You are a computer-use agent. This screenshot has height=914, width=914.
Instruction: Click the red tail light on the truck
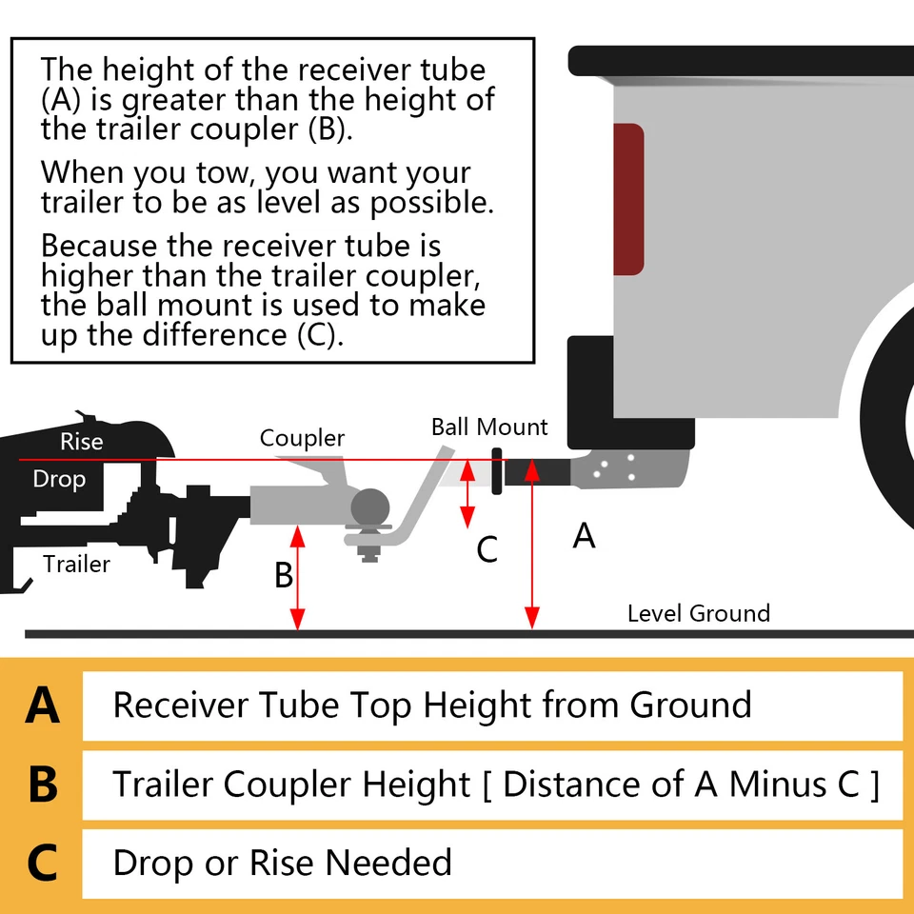pyautogui.click(x=628, y=198)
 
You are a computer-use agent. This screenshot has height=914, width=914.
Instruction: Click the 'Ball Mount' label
pyautogui.click(x=489, y=426)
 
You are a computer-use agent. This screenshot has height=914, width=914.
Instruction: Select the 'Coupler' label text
pyautogui.click(x=302, y=438)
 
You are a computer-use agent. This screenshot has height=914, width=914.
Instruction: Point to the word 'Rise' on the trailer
pyautogui.click(x=81, y=442)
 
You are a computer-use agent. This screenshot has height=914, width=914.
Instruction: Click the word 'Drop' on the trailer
pyautogui.click(x=59, y=479)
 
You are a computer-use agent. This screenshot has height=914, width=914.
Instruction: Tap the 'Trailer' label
pyautogui.click(x=76, y=564)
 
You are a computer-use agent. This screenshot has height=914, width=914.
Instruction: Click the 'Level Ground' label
pyautogui.click(x=698, y=613)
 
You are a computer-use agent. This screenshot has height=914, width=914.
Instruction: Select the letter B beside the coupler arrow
pyautogui.click(x=283, y=576)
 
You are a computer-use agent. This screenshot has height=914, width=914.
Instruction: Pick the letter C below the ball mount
pyautogui.click(x=487, y=549)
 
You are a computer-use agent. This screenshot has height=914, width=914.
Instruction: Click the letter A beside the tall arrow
pyautogui.click(x=584, y=536)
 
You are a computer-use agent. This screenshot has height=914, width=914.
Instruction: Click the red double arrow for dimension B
pyautogui.click(x=299, y=576)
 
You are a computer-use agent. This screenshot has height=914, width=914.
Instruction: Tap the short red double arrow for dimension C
pyautogui.click(x=467, y=493)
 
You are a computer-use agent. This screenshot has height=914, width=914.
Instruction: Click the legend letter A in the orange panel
pyautogui.click(x=43, y=706)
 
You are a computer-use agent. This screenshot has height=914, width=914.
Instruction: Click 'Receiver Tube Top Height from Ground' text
pyautogui.click(x=431, y=705)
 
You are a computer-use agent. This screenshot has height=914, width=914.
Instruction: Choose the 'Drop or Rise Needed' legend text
pyautogui.click(x=282, y=863)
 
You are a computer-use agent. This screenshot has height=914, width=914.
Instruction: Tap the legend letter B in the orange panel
pyautogui.click(x=43, y=785)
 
